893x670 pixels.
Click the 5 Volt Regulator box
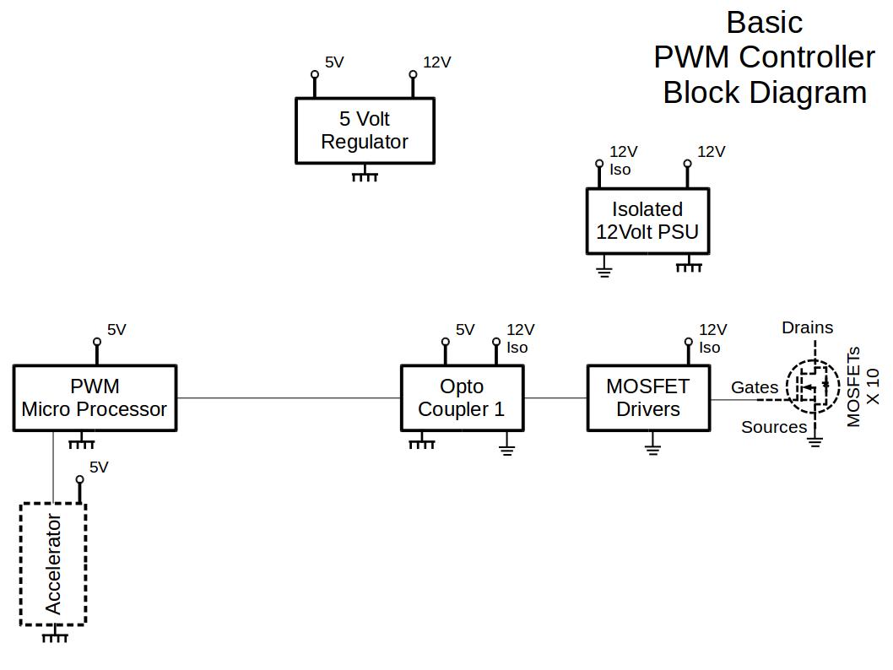365,130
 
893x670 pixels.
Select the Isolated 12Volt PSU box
647,220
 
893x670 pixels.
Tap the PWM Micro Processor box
95,397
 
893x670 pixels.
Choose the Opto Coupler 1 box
462,397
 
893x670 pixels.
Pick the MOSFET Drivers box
648,397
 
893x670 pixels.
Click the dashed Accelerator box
53,564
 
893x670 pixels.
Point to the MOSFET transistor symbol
812,386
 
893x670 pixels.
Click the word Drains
807,327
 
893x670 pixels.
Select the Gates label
755,387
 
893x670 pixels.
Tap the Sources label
774,427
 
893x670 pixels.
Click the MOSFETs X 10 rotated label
863,386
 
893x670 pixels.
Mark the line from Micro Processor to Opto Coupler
288,397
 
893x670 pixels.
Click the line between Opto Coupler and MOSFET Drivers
555,397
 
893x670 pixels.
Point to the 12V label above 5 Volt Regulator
437,62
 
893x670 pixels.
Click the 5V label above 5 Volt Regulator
334,62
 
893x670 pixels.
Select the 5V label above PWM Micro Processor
116,330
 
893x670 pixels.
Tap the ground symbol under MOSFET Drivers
652,447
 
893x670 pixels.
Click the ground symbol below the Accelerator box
55,635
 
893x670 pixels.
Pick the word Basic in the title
764,22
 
